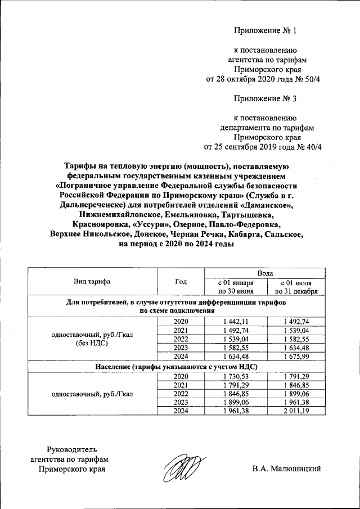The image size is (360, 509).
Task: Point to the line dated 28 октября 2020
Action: click(263, 79)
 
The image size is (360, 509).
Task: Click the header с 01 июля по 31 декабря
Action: click(296, 286)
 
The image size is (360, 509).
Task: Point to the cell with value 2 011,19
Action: click(296, 411)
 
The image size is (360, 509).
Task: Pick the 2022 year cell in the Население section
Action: click(181, 394)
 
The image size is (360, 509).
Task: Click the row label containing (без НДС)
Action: click(92, 343)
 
